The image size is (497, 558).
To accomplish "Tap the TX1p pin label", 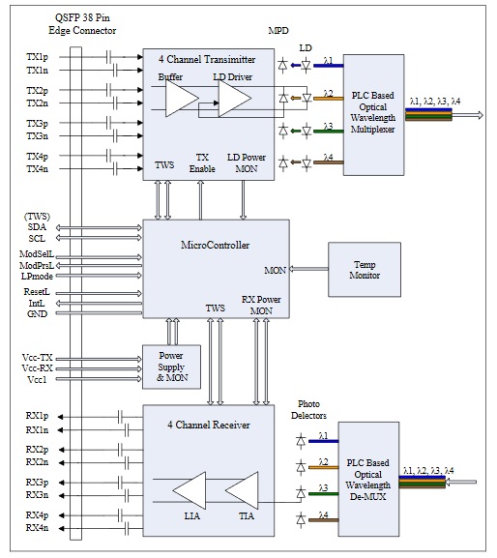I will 37,58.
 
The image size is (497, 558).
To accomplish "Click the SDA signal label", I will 37,226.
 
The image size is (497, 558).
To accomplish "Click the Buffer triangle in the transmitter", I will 180,98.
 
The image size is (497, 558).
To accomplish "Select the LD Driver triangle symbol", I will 232,98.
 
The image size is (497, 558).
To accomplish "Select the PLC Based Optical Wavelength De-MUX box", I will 372,479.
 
